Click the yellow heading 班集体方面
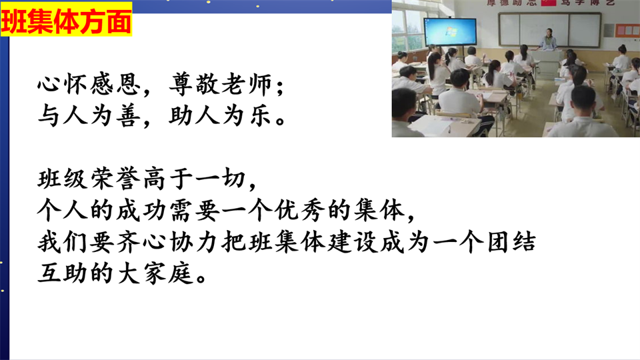pyautogui.click(x=66, y=19)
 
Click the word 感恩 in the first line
pyautogui.click(x=115, y=85)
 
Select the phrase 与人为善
pyautogui.click(x=89, y=115)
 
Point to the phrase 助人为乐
pyautogui.click(x=220, y=115)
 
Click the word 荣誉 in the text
pyautogui.click(x=115, y=179)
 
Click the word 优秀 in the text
pyautogui.click(x=299, y=210)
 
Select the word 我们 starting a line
pyautogui.click(x=63, y=242)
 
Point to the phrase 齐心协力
pyautogui.click(x=168, y=242)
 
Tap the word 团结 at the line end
pyautogui.click(x=511, y=242)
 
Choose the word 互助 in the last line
pyautogui.click(x=63, y=273)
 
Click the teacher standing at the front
pyautogui.click(x=549, y=39)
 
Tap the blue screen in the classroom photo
pyautogui.click(x=450, y=32)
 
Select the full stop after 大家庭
pyautogui.click(x=201, y=277)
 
